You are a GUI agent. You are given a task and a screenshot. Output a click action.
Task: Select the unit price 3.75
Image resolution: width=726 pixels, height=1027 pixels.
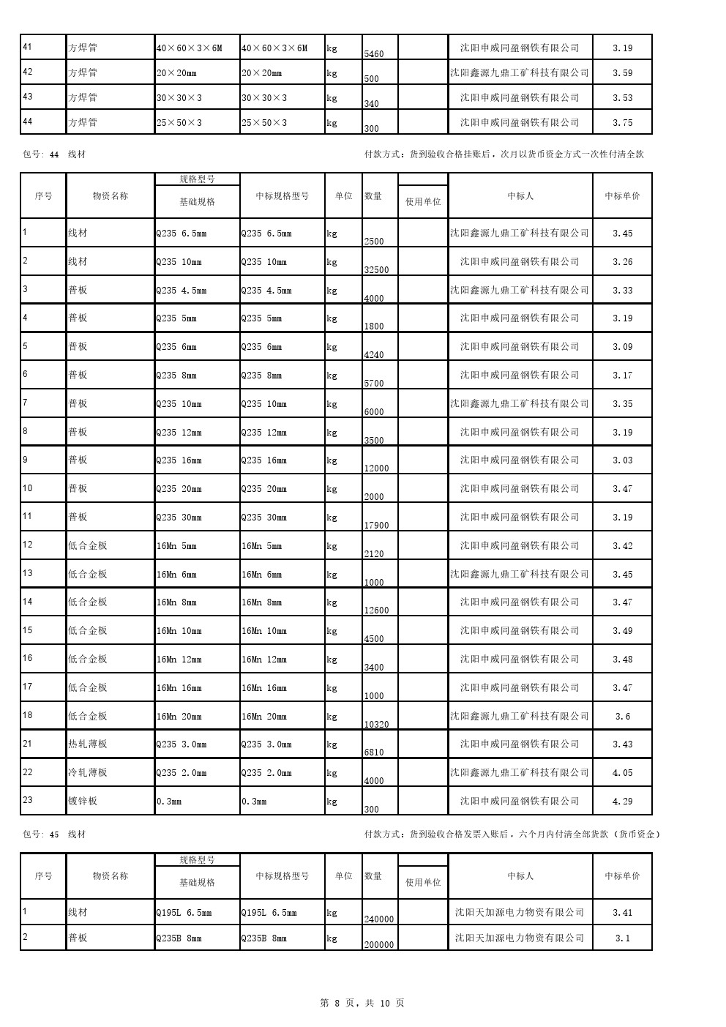622,123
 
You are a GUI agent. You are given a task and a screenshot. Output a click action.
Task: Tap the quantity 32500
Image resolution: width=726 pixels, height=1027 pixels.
376,269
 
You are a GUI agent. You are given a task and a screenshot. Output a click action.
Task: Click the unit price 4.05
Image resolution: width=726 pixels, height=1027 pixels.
622,773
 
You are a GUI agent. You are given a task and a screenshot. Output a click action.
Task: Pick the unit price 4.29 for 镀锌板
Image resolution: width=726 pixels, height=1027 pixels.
622,802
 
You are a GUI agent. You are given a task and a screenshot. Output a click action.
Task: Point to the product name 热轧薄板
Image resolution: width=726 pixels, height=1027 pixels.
88,744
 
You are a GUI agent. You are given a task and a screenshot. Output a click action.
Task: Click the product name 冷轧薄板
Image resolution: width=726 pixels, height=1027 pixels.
88,773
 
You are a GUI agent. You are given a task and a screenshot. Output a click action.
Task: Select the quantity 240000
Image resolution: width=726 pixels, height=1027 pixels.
379,919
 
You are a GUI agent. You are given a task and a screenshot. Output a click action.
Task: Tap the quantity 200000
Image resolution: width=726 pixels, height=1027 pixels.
379,944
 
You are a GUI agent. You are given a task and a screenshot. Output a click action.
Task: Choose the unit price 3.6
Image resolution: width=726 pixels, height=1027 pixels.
622,717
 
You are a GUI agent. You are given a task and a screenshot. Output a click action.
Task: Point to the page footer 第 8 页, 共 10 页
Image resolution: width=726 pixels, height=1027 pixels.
362,1004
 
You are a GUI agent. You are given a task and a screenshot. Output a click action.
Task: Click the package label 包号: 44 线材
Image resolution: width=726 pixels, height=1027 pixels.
54,154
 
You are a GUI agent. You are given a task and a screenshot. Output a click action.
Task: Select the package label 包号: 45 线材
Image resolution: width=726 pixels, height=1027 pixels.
54,834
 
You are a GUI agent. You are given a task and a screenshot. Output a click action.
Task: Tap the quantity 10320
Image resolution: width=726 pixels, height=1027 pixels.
376,725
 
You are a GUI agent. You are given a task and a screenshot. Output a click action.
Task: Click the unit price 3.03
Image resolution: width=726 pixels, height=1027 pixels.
622,460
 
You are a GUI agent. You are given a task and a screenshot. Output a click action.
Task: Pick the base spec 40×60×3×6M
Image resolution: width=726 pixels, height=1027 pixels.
189,48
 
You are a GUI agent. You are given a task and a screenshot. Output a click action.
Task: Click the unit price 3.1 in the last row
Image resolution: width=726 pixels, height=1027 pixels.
622,938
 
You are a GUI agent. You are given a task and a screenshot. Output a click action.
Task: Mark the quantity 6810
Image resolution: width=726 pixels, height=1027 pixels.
373,752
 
